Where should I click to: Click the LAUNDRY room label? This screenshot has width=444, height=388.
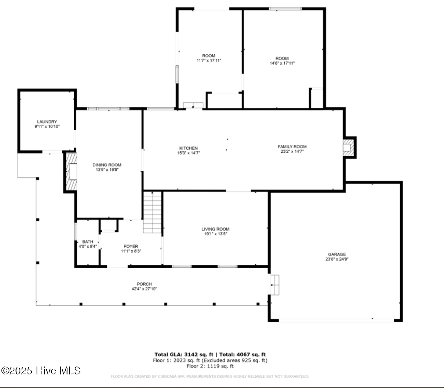(x=47, y=122)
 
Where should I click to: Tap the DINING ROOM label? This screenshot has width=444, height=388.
(x=107, y=165)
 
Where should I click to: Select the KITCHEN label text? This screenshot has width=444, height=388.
(x=188, y=148)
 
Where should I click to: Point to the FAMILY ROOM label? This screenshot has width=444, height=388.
(x=292, y=147)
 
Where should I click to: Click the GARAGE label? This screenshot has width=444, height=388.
(x=337, y=255)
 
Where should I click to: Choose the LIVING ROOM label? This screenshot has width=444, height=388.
(x=215, y=229)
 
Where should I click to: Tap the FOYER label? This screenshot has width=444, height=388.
(x=131, y=246)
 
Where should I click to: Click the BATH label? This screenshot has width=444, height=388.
(x=88, y=242)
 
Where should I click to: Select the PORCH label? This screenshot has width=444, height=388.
(x=144, y=284)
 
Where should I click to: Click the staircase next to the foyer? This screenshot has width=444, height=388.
(x=152, y=212)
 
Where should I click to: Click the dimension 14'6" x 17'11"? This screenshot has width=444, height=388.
(x=282, y=63)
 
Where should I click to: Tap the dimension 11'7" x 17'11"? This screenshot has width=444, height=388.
(x=209, y=60)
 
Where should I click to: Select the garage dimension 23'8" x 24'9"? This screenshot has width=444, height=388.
(x=337, y=259)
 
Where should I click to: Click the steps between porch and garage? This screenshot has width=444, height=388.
(x=274, y=285)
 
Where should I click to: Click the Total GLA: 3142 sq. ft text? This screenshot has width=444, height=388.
(x=184, y=354)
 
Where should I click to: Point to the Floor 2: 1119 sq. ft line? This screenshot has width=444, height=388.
(x=210, y=366)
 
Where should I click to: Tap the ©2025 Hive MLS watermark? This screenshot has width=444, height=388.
(x=41, y=371)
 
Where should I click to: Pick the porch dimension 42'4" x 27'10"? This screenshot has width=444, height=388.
(x=144, y=289)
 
